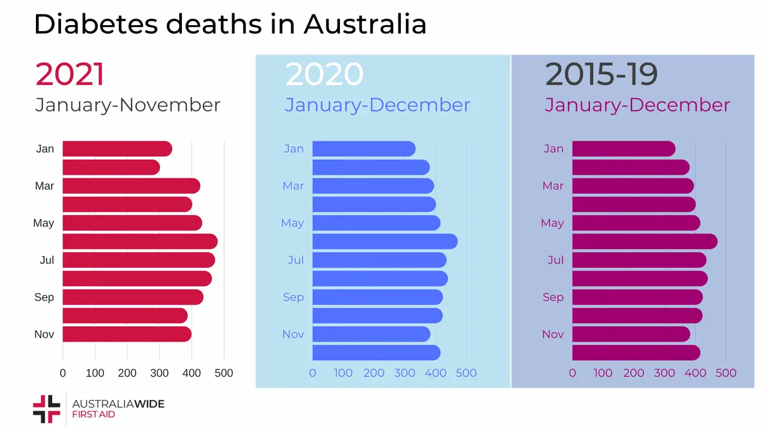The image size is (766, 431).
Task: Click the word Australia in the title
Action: coord(365,25)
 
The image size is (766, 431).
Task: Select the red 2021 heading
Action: coord(70,74)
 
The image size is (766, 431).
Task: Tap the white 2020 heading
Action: coord(324,74)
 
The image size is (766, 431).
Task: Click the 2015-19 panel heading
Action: coord(601,74)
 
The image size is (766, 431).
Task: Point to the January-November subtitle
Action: coord(128,105)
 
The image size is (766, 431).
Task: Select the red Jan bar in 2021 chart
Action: coord(117,149)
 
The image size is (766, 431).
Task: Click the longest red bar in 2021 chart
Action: coord(139,242)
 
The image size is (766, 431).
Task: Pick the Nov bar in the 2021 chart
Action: coord(126,334)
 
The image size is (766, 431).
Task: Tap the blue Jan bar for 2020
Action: coord(363,149)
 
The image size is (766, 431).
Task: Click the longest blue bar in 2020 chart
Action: coord(384,242)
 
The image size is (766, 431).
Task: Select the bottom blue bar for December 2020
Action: coord(376,353)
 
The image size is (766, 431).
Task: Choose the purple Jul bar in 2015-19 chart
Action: coord(639,260)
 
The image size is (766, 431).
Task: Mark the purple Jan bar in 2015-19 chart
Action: coord(623,149)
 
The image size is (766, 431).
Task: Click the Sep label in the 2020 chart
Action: coord(293,298)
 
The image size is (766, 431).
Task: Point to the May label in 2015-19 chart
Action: coord(552,223)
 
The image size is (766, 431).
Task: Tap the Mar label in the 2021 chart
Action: coord(44,186)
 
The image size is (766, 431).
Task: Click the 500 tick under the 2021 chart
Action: coord(223,373)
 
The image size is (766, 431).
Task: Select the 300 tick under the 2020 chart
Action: coord(405,373)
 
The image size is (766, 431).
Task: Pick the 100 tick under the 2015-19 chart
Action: coord(603,373)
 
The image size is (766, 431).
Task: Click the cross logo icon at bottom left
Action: coord(47,409)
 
